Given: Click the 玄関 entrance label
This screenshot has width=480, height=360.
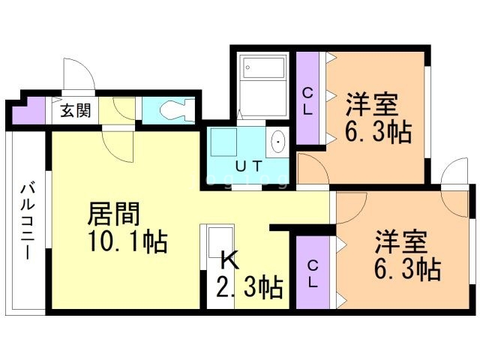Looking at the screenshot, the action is pyautogui.click(x=75, y=110).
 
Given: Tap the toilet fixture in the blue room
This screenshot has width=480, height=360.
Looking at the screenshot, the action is pyautogui.click(x=177, y=110).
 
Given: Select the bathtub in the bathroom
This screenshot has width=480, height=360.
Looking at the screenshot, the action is pyautogui.click(x=264, y=67).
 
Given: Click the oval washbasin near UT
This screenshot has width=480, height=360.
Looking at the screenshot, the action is pyautogui.click(x=278, y=142).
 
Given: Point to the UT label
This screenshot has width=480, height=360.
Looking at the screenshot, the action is pyautogui.click(x=249, y=166).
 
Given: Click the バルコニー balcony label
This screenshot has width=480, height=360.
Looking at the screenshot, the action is pyautogui.click(x=28, y=222).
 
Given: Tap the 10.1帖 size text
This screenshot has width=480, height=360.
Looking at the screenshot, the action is pyautogui.click(x=127, y=241).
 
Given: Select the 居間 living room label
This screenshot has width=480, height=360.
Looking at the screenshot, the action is pyautogui.click(x=113, y=214).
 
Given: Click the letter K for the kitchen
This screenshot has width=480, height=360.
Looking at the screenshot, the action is pyautogui.click(x=230, y=261).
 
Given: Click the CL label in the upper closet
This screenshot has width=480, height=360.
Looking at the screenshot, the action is pyautogui.click(x=307, y=101).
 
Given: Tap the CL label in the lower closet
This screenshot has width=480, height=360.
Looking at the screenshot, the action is pyautogui.click(x=313, y=274).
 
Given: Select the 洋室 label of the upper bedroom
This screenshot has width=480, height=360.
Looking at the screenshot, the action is pyautogui.click(x=372, y=104).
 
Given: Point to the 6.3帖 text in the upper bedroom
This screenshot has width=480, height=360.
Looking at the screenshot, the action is pyautogui.click(x=378, y=132).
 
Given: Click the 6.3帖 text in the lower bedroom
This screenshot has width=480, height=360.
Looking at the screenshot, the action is pyautogui.click(x=408, y=269).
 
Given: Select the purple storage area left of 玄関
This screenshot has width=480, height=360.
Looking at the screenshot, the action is pyautogui.click(x=29, y=110).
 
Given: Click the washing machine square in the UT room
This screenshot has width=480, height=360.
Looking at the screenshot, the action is pyautogui.click(x=223, y=142).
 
